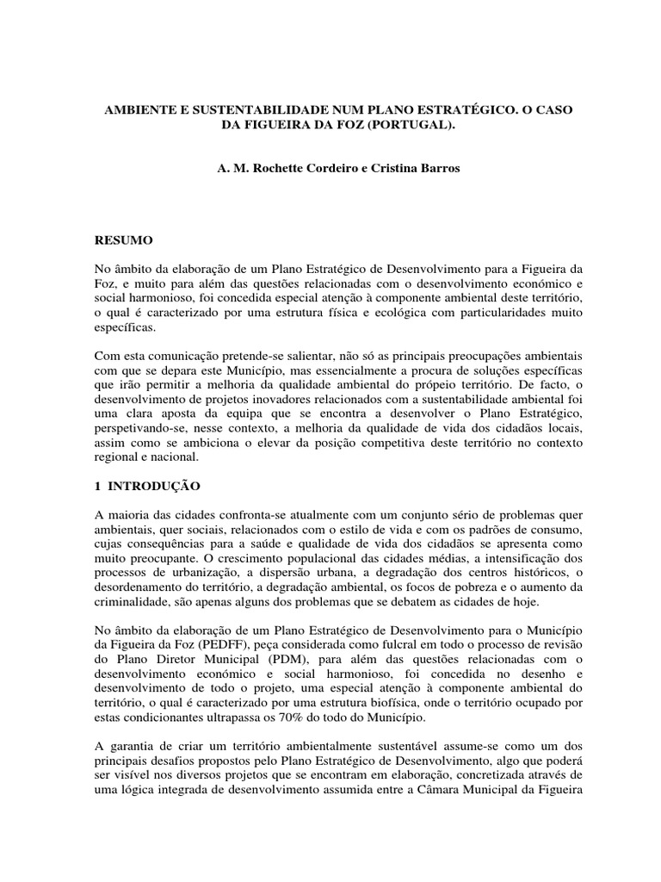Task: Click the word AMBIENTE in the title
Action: click(x=138, y=113)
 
